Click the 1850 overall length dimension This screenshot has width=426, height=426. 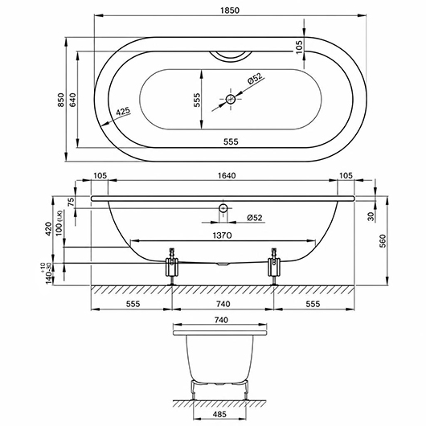(230, 10)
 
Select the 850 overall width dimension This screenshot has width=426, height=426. (61, 100)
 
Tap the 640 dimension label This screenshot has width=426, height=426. (73, 100)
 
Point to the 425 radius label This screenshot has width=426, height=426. (124, 112)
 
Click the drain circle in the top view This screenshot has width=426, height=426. (231, 99)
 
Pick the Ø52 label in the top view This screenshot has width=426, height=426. (255, 79)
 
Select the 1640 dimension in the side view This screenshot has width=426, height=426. (227, 175)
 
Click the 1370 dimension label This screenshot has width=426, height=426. (222, 236)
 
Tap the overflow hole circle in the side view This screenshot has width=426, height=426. (223, 208)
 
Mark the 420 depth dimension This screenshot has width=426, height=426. (48, 229)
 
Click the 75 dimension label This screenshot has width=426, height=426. (71, 202)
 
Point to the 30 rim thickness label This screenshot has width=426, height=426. (371, 216)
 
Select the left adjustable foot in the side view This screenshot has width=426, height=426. (172, 266)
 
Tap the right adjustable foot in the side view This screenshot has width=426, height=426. (274, 266)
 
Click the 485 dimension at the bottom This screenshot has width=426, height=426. (219, 414)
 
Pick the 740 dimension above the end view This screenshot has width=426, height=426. (221, 320)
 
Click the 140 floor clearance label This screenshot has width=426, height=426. (49, 277)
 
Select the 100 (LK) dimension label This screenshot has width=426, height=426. (59, 223)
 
